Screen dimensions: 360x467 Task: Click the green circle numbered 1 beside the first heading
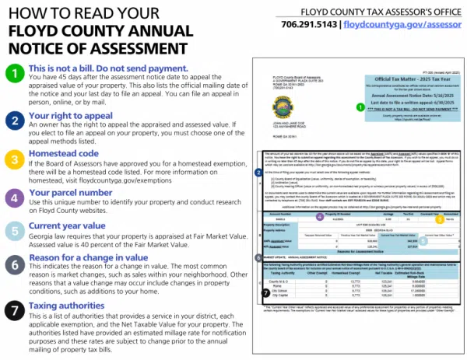click(x=14, y=75)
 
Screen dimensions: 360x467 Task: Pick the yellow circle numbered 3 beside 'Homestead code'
click(x=14, y=161)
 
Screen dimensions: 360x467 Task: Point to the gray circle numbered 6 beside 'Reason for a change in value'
click(x=14, y=265)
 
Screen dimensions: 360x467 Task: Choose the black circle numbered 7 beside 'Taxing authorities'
click(x=14, y=310)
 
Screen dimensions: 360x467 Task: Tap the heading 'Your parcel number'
click(x=75, y=191)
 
